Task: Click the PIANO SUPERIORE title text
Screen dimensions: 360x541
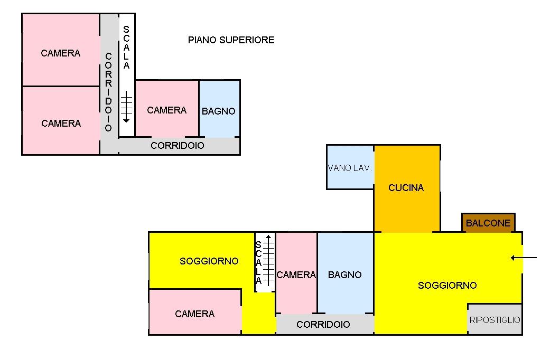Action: pos(231,40)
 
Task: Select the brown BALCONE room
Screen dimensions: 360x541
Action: pos(488,223)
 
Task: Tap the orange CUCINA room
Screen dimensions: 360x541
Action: pos(406,188)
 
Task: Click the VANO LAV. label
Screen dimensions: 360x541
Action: pos(350,168)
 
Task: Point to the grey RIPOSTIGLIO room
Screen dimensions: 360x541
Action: pos(495,319)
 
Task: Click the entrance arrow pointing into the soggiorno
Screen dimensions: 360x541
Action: pos(524,258)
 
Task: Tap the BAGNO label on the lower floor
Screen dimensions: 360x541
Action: pos(344,275)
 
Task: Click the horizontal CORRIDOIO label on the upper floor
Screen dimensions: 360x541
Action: pos(177,146)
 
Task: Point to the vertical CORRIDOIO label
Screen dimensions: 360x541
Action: pos(109,92)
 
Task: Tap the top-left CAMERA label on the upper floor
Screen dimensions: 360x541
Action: pos(61,53)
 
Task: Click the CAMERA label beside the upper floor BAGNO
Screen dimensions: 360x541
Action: pos(166,110)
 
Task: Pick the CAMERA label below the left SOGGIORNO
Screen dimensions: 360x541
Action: pos(194,314)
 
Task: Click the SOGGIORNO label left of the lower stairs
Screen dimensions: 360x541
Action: pos(209,261)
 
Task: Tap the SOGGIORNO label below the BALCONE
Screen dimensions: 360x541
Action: pos(447,286)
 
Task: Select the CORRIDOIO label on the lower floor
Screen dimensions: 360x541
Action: pos(323,325)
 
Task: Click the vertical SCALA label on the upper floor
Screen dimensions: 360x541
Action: pos(126,48)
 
